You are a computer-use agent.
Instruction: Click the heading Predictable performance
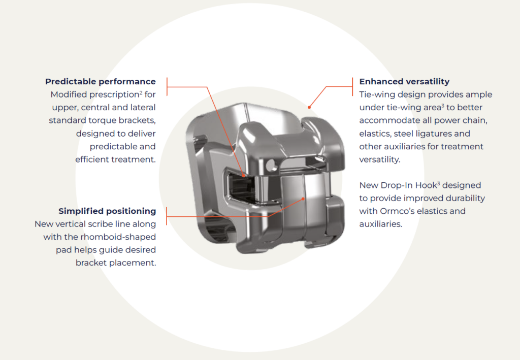100,81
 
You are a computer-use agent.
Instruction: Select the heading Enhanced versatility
404,81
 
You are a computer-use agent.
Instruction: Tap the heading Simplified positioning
107,211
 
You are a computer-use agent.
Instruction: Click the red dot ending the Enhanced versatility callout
308,107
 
